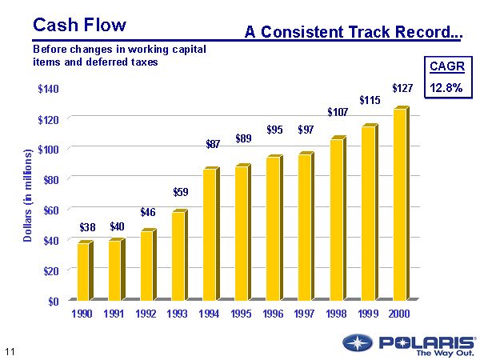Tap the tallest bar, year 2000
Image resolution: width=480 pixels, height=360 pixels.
[400, 205]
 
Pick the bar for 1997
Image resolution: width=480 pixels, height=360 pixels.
[305, 227]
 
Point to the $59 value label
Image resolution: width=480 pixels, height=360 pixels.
[182, 192]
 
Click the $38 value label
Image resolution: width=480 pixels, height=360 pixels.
[87, 228]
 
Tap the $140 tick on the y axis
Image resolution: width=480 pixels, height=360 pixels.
[48, 89]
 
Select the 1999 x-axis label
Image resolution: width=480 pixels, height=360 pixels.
[368, 314]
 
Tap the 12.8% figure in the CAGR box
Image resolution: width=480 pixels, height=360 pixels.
[446, 88]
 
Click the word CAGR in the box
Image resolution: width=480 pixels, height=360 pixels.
[446, 66]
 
